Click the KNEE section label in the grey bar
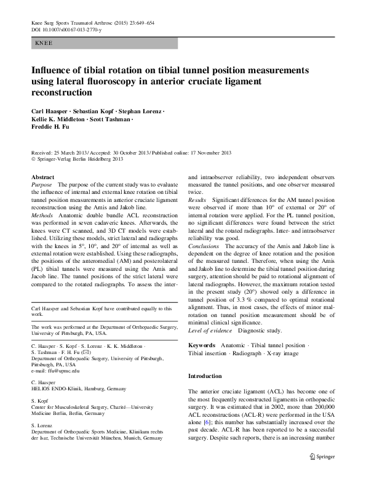point(43,43)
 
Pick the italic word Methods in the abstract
point(43,216)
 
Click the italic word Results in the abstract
point(197,201)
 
